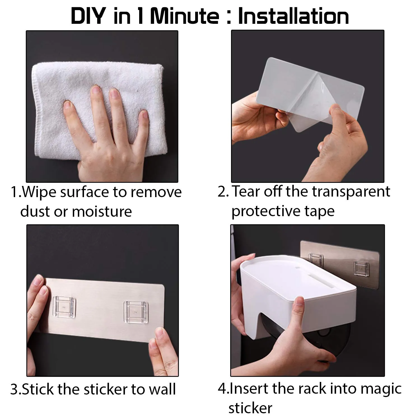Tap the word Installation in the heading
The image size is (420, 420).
293,16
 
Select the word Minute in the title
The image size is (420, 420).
185,16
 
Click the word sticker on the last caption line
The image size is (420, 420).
250,408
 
